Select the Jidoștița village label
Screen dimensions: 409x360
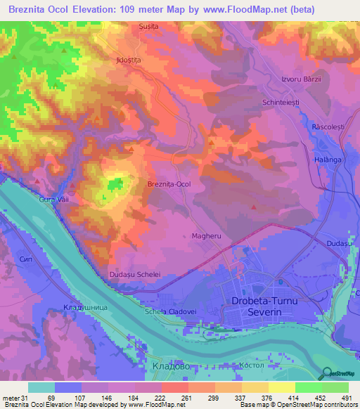[129, 60]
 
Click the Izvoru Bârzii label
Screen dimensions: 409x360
[301, 79]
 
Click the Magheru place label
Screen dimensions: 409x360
[206, 236]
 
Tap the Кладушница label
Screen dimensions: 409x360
[84, 307]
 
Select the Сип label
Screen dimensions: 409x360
[26, 259]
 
